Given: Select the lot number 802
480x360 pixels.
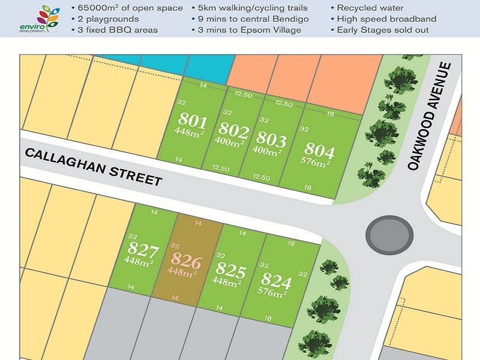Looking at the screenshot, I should coord(233,129).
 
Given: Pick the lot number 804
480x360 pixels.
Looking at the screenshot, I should coord(319,149).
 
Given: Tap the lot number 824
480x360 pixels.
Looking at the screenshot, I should coord(275,281).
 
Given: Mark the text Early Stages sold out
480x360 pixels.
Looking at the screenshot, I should coord(386,29).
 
